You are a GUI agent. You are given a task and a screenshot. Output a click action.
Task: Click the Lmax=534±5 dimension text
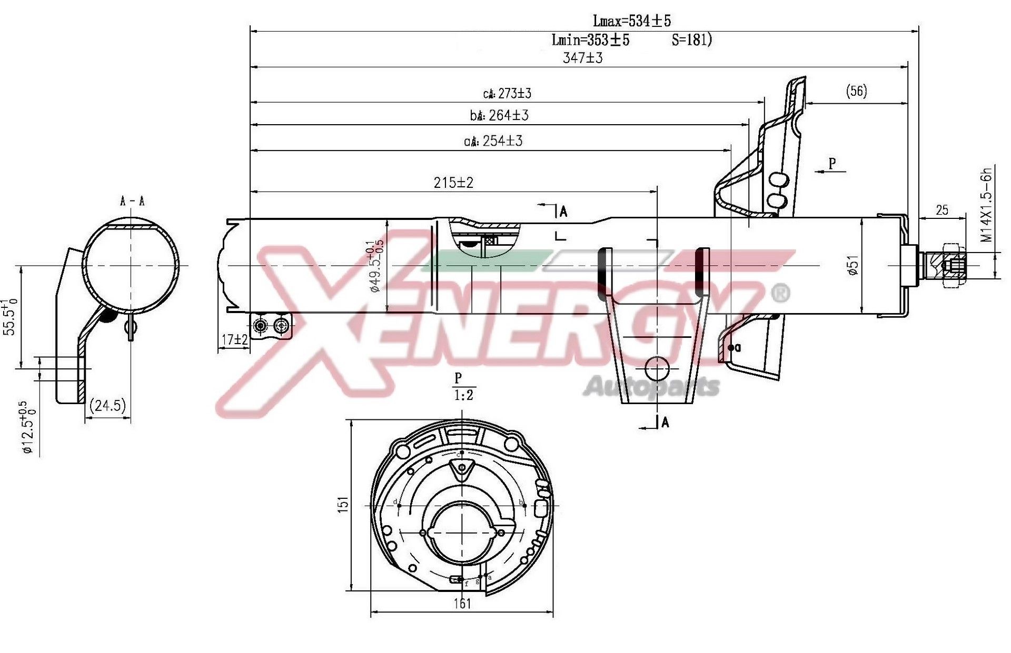631,21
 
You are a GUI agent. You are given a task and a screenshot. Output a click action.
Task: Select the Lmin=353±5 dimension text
590,40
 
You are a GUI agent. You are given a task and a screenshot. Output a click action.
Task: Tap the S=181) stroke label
692,40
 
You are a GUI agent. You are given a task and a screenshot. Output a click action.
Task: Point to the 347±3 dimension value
582,58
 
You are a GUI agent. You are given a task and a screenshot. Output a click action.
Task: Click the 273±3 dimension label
507,94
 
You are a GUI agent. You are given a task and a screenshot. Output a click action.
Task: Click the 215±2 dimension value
453,183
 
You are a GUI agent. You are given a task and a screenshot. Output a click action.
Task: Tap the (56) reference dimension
856,91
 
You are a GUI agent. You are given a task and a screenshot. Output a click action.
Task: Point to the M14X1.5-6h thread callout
986,205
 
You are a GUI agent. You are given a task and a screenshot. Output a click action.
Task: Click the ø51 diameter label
853,265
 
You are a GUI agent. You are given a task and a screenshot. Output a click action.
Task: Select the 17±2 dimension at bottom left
234,340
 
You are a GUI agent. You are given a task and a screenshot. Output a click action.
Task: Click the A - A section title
132,201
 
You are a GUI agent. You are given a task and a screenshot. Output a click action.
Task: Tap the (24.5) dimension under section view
108,405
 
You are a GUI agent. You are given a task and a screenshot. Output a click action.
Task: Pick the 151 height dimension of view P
343,504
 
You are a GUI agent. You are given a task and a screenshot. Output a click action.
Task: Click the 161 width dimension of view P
462,603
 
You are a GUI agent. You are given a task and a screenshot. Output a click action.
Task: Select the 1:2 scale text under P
463,395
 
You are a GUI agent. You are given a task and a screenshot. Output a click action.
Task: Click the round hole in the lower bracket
657,368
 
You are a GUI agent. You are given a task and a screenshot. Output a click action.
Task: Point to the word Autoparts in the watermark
651,387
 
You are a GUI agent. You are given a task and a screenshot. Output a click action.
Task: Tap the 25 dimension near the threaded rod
942,210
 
